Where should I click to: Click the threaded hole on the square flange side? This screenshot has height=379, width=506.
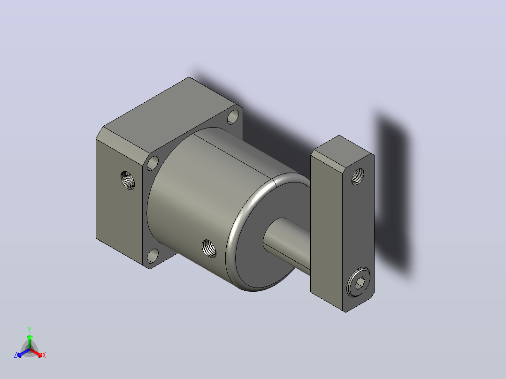128,180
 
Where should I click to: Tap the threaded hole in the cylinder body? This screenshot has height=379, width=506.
209,248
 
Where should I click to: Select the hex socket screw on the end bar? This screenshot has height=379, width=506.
359,282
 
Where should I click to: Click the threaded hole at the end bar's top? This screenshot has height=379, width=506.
358,176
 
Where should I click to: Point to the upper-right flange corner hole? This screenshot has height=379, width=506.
233,117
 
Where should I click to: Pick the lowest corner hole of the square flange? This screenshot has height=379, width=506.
153,256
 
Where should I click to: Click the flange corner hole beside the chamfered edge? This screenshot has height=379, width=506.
153,163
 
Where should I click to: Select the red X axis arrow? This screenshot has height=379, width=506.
36,353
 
